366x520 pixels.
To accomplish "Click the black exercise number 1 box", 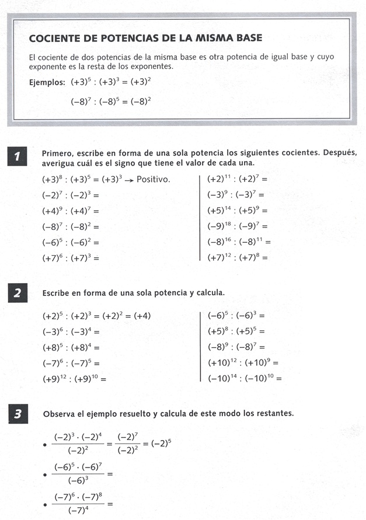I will point(19,156).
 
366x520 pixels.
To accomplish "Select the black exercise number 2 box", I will point(19,293).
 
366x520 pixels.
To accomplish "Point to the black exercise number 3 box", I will point(19,414).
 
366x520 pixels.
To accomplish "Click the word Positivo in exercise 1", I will point(153,179).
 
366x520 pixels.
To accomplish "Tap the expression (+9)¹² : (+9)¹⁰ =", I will point(74,379).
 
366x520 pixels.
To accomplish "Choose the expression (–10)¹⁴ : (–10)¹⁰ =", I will point(245,378).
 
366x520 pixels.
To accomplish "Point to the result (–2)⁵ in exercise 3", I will point(162,443).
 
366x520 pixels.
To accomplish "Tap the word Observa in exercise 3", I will point(58,414).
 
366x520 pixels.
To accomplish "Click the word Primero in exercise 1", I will point(57,152).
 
